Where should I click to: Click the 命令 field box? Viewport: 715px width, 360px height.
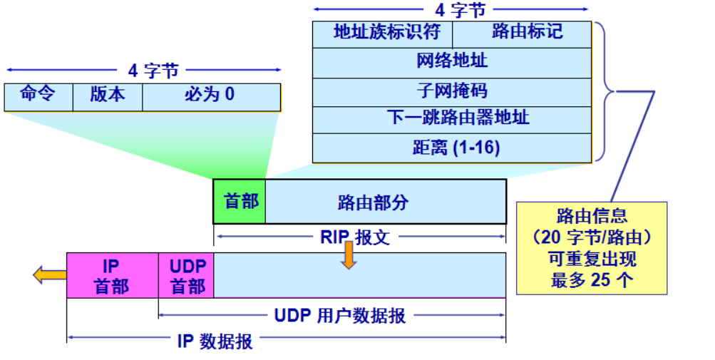coord(38,97)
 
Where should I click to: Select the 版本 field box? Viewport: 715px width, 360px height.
coord(108,97)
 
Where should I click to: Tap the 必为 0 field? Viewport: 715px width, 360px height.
coord(211,97)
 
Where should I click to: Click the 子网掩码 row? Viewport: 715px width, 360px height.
coord(452,92)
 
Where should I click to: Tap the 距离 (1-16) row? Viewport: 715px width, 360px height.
coord(452,148)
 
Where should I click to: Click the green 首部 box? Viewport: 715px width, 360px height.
coord(240,202)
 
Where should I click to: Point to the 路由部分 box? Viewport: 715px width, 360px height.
coord(386,202)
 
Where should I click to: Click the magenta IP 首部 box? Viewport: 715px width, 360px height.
coord(112,275)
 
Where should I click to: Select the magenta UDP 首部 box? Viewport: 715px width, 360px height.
coord(187,275)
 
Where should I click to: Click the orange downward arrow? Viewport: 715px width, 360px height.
coord(348,255)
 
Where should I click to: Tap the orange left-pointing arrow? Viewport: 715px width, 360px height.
coord(48,274)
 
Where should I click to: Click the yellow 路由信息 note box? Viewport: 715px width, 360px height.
coord(592,247)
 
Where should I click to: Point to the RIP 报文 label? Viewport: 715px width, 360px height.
coord(354,237)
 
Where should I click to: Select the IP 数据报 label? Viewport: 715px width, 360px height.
coord(214,341)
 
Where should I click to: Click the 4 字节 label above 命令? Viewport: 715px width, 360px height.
coord(152,71)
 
